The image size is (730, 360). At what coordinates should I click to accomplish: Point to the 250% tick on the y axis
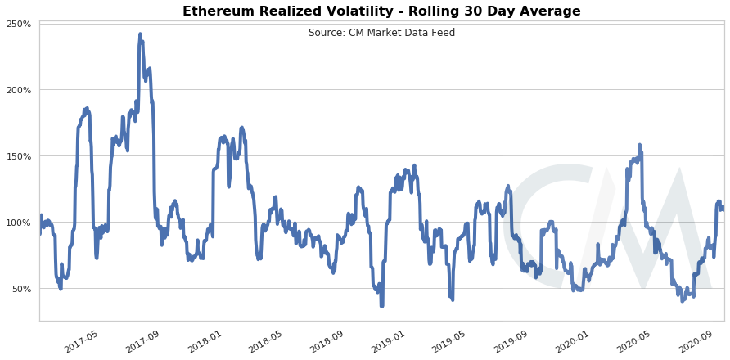(x=19, y=24)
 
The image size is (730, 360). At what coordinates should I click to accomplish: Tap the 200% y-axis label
(x=19, y=90)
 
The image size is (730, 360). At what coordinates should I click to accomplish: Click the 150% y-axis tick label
(x=19, y=156)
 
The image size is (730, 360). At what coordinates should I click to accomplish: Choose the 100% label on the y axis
(x=19, y=223)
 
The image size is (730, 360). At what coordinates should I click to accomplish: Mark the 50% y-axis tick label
(x=21, y=289)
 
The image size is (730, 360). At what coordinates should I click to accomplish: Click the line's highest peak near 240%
(x=140, y=34)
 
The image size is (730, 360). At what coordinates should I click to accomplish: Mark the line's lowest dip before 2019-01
(x=381, y=305)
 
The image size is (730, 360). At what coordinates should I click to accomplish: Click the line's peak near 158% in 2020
(x=639, y=146)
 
